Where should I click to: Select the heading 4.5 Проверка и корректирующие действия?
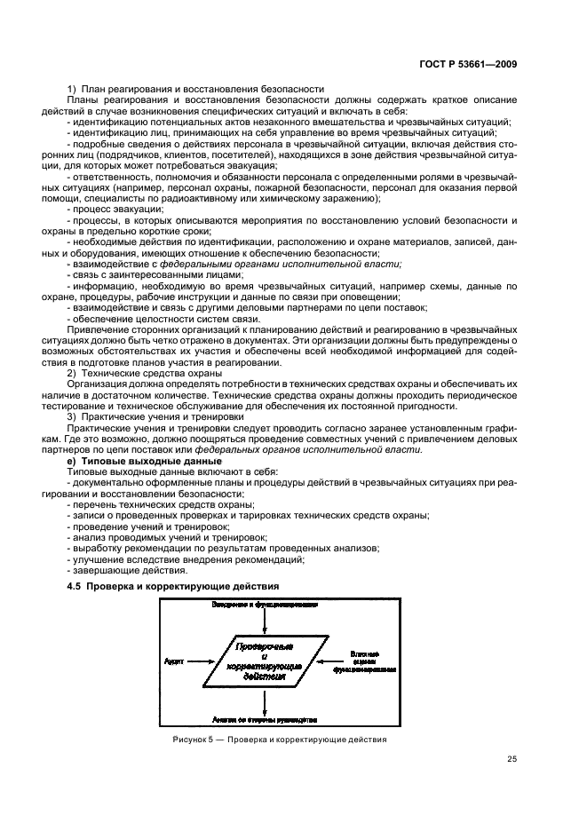pos(173,586)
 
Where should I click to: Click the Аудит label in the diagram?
pos(174,661)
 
